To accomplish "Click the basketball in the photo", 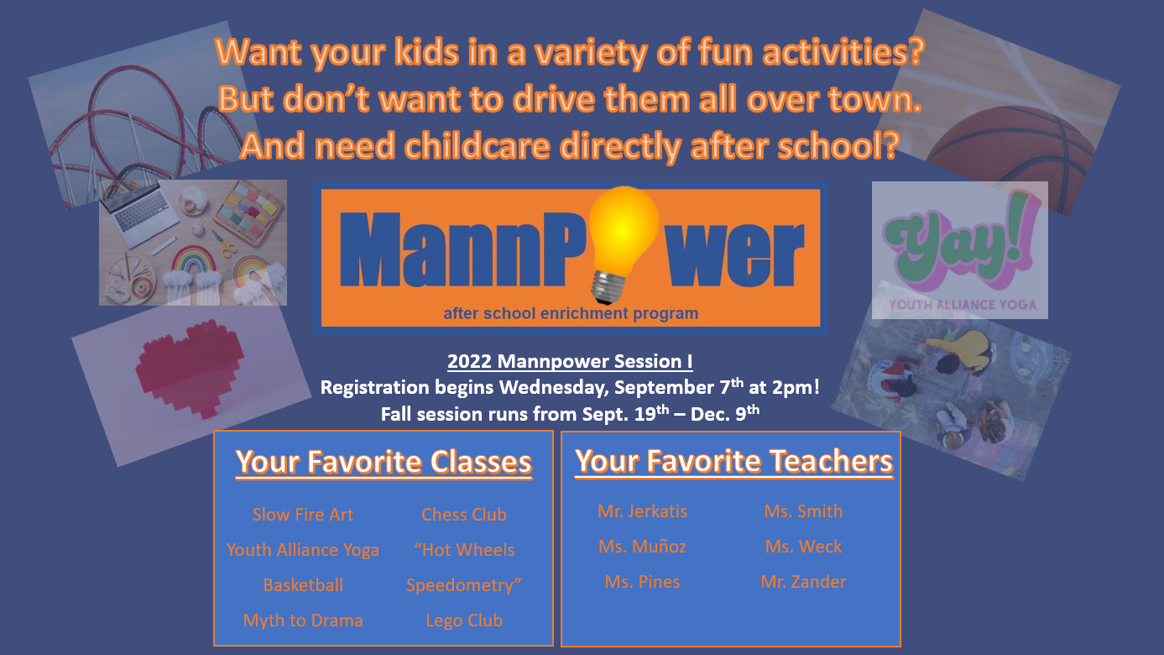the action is (1019, 156).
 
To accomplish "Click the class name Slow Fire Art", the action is (303, 515).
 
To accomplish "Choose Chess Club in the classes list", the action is (464, 515).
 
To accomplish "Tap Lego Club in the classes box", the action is (464, 621).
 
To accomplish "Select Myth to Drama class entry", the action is (303, 621).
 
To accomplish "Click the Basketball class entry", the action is (303, 585).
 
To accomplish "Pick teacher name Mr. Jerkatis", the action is (642, 511).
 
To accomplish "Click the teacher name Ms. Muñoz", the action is (642, 547).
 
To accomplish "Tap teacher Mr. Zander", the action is (803, 582).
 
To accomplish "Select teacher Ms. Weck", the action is (803, 547).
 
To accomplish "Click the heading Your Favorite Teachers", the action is (733, 461).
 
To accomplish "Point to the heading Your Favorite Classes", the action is (384, 462).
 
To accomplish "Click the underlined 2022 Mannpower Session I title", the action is (570, 361).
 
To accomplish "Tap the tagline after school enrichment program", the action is (571, 313).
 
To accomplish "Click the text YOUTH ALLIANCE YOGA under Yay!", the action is (963, 305).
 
